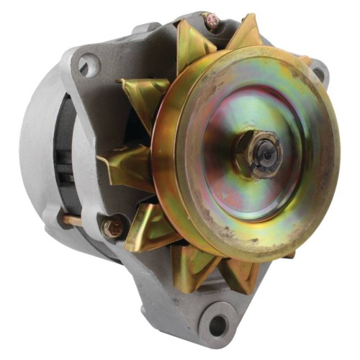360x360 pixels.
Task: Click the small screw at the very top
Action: tap(212, 22)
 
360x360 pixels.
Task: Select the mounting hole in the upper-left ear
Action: tap(89, 66)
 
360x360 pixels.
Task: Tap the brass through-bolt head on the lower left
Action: tap(113, 228)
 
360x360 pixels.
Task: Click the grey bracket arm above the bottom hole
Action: tap(180, 302)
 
